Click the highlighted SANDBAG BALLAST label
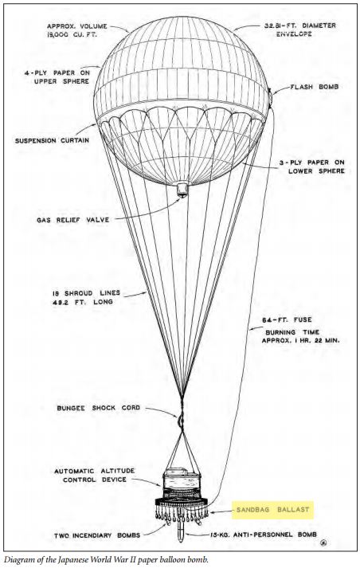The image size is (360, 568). (272, 510)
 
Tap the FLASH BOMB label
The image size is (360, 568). (315, 87)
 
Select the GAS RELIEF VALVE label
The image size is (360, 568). (72, 220)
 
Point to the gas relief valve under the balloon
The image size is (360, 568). (182, 190)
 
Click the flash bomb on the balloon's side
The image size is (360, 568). (269, 96)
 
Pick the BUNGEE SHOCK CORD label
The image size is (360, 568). (98, 408)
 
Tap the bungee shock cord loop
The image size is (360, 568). (180, 420)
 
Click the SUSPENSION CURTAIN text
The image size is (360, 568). (52, 140)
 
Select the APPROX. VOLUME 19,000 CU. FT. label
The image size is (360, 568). (76, 31)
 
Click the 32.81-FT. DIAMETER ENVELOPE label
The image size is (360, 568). (300, 29)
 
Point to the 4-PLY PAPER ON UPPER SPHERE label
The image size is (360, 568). (57, 77)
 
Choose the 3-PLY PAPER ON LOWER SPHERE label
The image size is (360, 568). (312, 166)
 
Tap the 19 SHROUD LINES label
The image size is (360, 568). (86, 293)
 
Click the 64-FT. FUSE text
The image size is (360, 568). (287, 320)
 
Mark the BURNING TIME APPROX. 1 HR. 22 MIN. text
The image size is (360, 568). (300, 336)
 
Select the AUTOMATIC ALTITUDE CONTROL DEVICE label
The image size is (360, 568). (95, 476)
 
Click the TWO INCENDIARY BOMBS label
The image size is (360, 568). (97, 535)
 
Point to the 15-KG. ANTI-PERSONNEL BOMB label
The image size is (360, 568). (264, 535)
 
